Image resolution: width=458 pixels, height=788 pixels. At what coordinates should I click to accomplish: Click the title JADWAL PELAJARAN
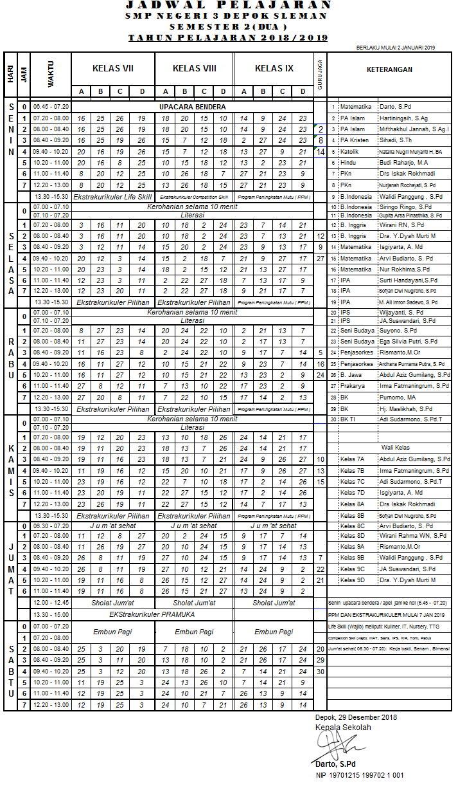(229, 6)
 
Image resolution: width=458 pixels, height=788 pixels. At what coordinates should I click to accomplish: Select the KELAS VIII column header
(194, 69)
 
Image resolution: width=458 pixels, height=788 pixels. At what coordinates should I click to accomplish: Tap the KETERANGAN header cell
(390, 69)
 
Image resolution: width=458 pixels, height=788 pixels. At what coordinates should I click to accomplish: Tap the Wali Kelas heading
(396, 447)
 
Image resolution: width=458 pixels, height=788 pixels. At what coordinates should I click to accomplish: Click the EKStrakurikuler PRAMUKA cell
(153, 614)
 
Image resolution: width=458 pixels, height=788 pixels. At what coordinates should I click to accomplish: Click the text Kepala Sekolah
(343, 728)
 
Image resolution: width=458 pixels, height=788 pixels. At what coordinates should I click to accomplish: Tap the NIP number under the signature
(359, 775)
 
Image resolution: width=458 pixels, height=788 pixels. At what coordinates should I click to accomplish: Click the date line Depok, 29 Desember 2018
(356, 717)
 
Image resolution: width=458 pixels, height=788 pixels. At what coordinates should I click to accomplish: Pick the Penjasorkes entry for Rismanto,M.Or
(358, 353)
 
